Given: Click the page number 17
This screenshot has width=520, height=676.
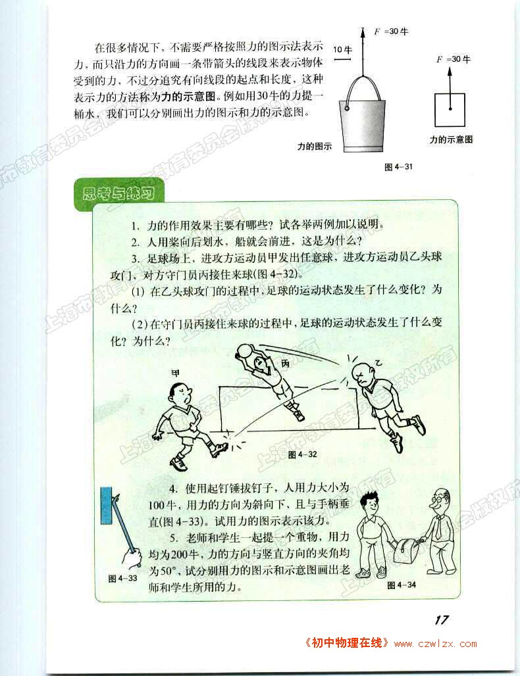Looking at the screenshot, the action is click(x=442, y=620).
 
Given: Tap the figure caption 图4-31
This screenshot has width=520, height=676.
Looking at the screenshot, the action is click(x=398, y=167).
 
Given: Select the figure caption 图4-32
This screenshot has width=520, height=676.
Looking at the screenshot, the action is click(x=302, y=454).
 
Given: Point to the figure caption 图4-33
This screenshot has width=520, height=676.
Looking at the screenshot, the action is click(x=122, y=578).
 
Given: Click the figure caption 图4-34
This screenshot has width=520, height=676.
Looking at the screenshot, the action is click(x=402, y=585).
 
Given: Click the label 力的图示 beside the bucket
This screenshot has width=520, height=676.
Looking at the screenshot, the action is click(x=315, y=146).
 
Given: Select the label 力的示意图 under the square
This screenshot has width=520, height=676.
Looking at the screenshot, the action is click(x=451, y=139).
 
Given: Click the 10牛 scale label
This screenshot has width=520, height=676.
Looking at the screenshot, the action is click(x=342, y=49).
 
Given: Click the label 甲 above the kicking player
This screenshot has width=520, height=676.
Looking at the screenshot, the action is click(x=174, y=373).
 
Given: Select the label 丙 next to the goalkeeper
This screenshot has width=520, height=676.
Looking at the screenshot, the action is click(x=285, y=364).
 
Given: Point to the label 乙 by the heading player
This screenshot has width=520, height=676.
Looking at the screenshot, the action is click(x=378, y=363).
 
